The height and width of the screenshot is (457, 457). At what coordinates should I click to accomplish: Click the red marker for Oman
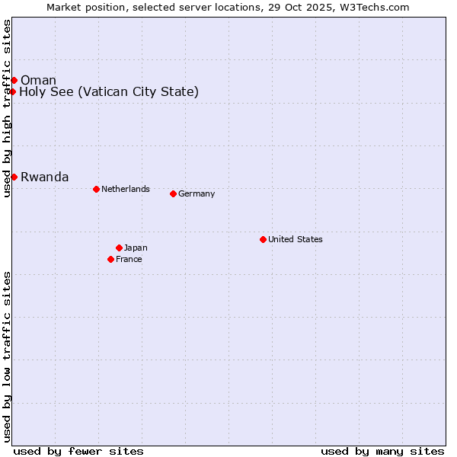(14, 80)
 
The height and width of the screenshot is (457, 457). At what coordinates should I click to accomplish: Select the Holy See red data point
(13, 91)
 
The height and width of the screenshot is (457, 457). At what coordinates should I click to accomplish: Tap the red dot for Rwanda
(14, 177)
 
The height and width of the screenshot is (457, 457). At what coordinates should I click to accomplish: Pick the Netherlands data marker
(96, 189)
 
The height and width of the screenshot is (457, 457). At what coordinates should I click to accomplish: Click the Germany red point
(173, 193)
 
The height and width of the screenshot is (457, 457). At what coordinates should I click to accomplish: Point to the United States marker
(263, 239)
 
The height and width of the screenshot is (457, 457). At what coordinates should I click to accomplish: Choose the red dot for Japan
(119, 248)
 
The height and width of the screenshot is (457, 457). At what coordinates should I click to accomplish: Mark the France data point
(110, 259)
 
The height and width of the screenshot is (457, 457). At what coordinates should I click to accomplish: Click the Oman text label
(38, 80)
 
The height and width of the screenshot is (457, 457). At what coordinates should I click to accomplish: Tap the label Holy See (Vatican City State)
(109, 92)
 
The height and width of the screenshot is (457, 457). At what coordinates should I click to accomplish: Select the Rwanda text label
(44, 177)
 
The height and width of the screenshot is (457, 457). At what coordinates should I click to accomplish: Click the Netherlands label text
(125, 189)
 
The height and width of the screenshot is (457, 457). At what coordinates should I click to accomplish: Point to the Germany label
(197, 193)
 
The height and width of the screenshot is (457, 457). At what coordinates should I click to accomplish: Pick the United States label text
(295, 239)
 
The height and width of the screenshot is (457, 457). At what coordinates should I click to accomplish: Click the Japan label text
(136, 248)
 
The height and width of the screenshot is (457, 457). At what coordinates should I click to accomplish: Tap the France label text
(129, 259)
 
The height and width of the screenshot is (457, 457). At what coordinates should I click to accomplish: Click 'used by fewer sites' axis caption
(78, 451)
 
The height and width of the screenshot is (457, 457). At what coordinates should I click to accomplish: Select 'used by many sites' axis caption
(382, 451)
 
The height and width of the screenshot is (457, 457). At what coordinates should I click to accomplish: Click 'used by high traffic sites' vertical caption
(7, 108)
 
